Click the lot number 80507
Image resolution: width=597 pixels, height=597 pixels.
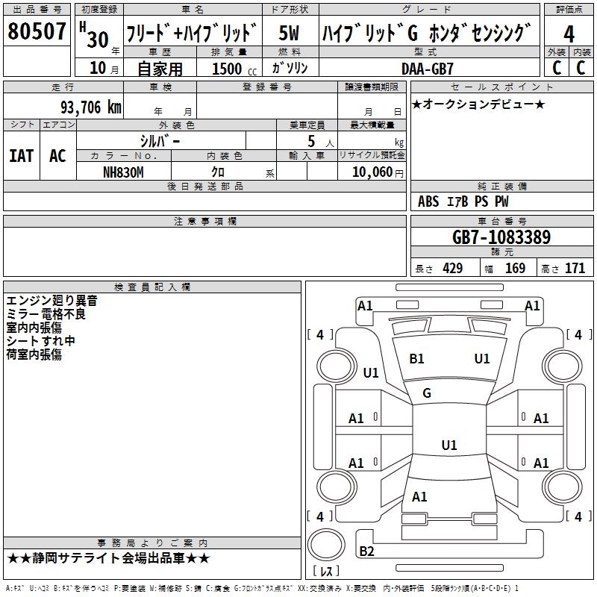37,31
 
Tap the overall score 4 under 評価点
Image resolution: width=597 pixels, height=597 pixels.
569,34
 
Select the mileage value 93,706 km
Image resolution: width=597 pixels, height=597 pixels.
91,107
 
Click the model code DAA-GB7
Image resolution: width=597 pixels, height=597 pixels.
427,69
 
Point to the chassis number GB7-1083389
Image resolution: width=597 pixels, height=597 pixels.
501,237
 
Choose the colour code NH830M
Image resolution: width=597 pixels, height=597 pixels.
123,172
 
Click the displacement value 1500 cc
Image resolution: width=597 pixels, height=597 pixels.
234,69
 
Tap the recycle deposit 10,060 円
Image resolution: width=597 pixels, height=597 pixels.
378,172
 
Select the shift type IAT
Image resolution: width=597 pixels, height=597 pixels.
21,156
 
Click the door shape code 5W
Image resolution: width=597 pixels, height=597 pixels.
289,33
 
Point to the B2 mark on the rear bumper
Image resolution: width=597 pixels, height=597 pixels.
366,551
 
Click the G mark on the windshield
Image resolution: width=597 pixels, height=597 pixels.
426,393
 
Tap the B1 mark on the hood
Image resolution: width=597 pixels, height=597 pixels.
416,359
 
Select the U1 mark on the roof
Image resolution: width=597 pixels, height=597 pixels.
449,445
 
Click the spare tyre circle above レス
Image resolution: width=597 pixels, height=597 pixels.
326,545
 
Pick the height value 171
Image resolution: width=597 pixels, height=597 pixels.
575,269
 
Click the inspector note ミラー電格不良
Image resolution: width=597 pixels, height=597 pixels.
46,314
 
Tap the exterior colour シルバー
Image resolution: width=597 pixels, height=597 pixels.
160,142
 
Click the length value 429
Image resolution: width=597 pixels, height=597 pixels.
453,269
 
